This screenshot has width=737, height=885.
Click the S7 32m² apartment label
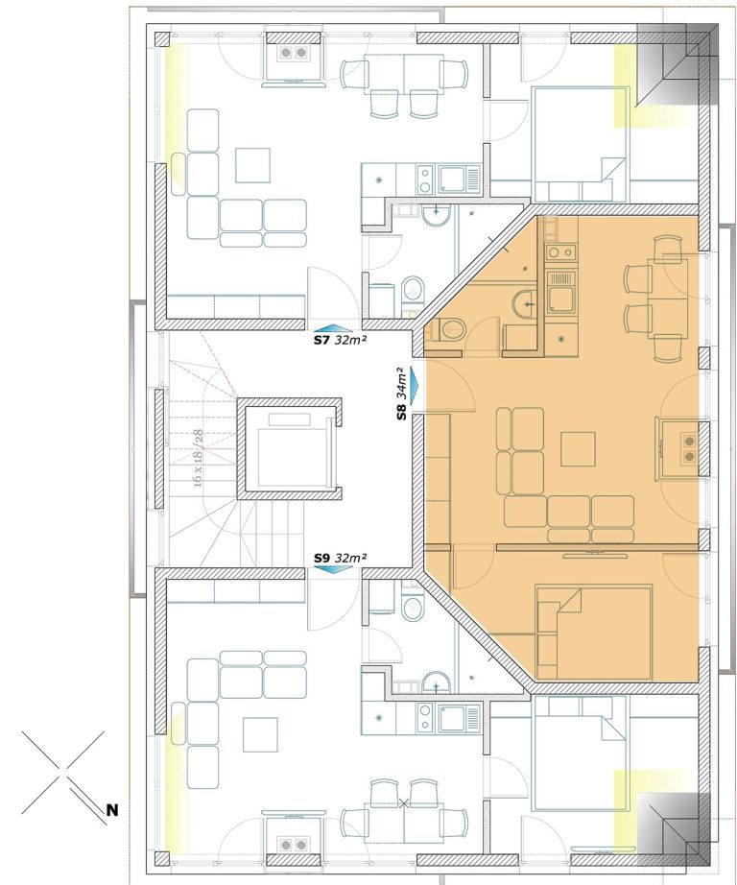pyautogui.click(x=341, y=341)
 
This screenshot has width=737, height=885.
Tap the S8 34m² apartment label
pyautogui.click(x=401, y=394)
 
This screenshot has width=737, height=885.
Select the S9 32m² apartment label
pyautogui.click(x=341, y=558)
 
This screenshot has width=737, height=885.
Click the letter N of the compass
pyautogui.click(x=112, y=810)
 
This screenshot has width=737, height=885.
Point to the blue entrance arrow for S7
pyautogui.click(x=333, y=328)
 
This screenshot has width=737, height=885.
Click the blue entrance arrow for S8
pyautogui.click(x=416, y=387)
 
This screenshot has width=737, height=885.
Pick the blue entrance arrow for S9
pyautogui.click(x=333, y=569)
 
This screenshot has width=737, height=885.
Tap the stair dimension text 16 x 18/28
pyautogui.click(x=198, y=458)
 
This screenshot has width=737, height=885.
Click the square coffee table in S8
pyautogui.click(x=578, y=448)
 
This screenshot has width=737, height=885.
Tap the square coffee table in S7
pyautogui.click(x=252, y=165)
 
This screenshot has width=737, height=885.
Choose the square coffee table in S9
pyautogui.click(x=260, y=734)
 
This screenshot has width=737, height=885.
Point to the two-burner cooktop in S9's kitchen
pyautogui.click(x=425, y=716)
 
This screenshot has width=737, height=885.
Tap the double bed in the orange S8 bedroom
pyautogui.click(x=594, y=633)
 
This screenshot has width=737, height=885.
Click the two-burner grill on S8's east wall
pyautogui.click(x=686, y=447)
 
